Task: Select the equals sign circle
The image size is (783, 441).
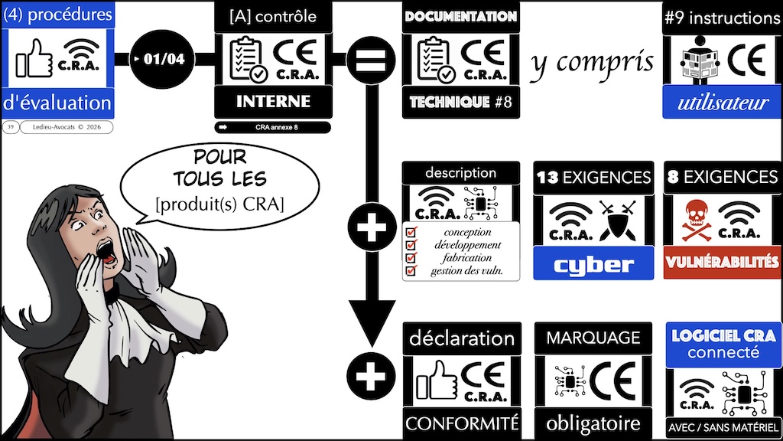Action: pos(371,58)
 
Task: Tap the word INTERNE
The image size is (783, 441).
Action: pos(273,101)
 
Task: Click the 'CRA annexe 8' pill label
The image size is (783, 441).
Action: pos(273,128)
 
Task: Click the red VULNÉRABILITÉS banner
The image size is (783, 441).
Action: pos(723,262)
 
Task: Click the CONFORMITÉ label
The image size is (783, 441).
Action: pos(461,423)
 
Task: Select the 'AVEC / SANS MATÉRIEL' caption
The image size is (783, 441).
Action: pos(722,426)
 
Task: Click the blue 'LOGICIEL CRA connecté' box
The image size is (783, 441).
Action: pos(723,344)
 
